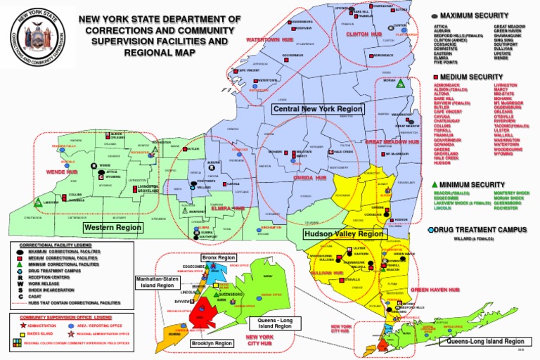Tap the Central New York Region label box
pos(318,109)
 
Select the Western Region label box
pos(112,228)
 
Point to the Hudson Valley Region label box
pos(342,233)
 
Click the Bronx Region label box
pos(218,258)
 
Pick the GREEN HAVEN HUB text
pos(429,289)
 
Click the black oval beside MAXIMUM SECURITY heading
pos(435,15)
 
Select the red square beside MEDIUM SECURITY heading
pos(436,76)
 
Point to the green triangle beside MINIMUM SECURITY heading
pos(436,184)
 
